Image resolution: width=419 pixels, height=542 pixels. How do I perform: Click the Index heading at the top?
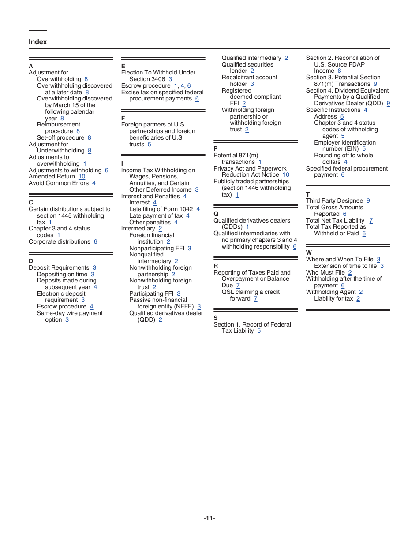[x=37, y=42]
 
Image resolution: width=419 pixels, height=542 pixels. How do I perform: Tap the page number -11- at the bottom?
[x=209, y=519]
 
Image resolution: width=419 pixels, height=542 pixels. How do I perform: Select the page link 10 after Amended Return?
[x=82, y=177]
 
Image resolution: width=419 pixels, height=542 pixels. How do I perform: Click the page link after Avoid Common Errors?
[x=94, y=183]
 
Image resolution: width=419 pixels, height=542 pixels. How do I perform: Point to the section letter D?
[x=31, y=261]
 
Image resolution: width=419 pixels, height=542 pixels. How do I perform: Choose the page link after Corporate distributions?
[x=95, y=242]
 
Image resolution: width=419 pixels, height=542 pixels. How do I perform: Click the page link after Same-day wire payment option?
[x=67, y=320]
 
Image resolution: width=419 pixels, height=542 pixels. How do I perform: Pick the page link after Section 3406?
[x=170, y=79]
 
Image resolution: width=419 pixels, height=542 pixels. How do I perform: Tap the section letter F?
[x=123, y=118]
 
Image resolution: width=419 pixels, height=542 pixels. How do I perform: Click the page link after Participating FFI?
[x=179, y=294]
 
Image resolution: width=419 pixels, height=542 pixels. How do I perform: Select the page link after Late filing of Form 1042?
[x=198, y=209]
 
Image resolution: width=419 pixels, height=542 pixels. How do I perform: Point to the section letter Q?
[x=216, y=214]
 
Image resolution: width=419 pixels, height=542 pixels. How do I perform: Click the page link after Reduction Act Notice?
[x=286, y=175]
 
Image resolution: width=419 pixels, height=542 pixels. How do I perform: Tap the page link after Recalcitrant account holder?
[x=252, y=84]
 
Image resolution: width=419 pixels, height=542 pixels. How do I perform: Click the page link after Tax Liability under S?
[x=259, y=331]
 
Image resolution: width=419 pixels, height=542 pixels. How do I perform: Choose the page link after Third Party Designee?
[x=368, y=201]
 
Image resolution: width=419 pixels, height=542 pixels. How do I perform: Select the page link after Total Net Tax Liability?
[x=371, y=221]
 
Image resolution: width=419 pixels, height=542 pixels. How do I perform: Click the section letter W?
[x=309, y=253]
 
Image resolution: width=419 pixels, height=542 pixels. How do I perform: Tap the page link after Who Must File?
[x=350, y=273]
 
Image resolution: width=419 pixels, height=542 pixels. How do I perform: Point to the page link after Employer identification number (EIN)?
[x=364, y=149]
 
